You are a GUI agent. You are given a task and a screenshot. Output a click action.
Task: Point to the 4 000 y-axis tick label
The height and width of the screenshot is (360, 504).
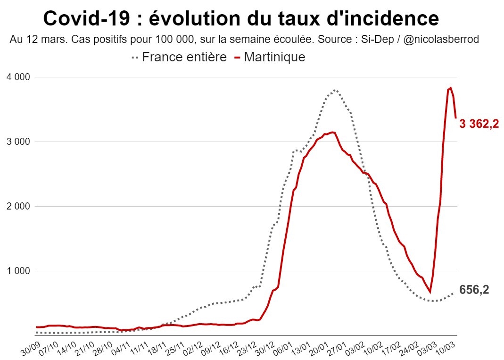[17, 77]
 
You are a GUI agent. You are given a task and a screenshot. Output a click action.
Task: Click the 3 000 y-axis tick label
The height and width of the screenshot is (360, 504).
[17, 142]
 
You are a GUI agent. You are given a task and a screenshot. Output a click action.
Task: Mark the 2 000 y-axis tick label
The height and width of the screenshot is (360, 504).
[17, 206]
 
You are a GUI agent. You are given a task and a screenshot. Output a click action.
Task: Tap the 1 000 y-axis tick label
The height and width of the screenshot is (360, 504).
[17, 271]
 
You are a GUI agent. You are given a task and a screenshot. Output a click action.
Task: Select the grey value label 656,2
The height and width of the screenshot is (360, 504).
[474, 290]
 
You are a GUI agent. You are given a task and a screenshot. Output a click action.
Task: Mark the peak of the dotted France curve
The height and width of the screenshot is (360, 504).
[334, 90]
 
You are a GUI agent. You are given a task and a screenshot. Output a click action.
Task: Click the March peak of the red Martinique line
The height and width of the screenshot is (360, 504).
[451, 87]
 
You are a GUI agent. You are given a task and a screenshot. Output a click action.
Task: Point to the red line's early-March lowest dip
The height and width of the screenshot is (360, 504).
[430, 293]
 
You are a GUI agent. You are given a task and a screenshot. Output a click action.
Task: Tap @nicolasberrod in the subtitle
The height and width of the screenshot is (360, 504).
[442, 40]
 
